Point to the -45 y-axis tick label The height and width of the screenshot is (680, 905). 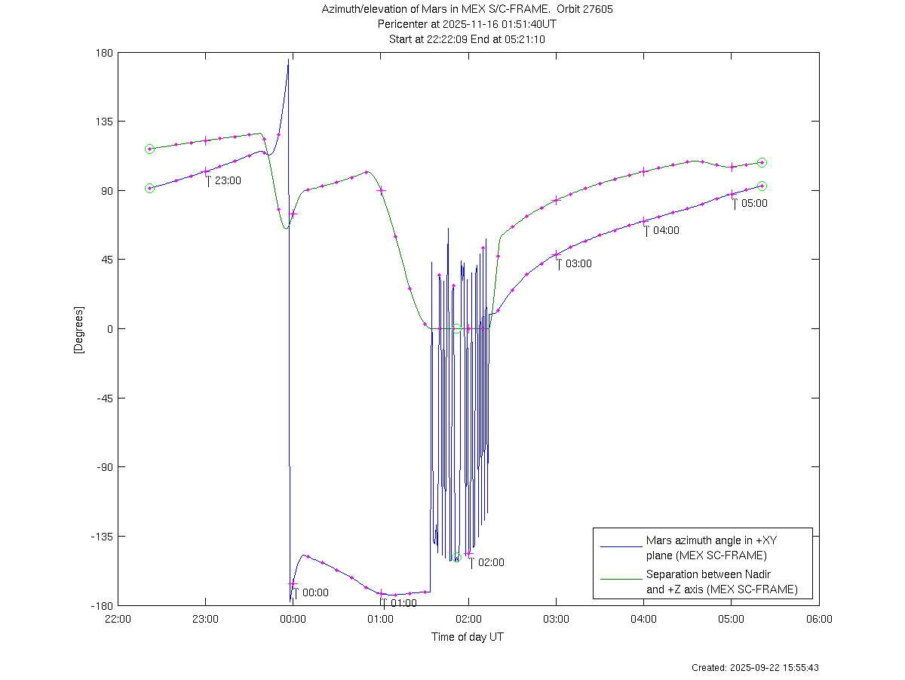103,398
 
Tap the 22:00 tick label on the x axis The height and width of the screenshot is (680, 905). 118,618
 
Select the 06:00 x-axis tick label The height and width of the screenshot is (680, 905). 819,618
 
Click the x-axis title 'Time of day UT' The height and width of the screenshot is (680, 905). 468,637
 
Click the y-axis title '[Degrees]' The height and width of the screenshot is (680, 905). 78,330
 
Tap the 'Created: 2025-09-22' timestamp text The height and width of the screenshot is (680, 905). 755,668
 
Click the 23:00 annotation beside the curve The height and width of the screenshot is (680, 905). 228,180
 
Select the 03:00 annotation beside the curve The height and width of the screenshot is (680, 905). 578,263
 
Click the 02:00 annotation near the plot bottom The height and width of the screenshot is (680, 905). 491,562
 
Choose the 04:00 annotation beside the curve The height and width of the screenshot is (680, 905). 666,230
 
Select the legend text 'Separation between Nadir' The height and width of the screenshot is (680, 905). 708,574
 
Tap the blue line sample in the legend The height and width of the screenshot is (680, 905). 620,545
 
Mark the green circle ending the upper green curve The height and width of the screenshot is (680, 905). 762,162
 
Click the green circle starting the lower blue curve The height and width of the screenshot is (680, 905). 149,188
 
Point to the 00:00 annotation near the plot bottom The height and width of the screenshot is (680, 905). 315,592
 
